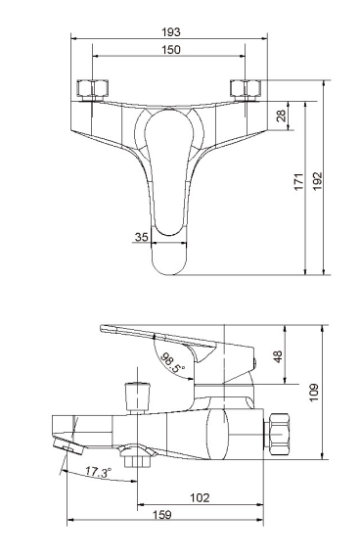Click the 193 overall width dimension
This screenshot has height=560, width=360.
tap(171, 32)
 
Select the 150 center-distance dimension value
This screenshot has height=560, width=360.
tap(171, 50)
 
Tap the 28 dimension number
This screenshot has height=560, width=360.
tap(282, 116)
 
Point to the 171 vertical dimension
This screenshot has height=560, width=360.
tap(298, 182)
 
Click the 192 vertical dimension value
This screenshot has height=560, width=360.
tap(317, 181)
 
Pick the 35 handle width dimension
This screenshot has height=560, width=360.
tap(141, 237)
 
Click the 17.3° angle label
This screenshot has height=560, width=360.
tap(98, 472)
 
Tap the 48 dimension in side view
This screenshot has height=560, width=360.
tap(278, 356)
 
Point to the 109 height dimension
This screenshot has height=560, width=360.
tap(314, 393)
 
